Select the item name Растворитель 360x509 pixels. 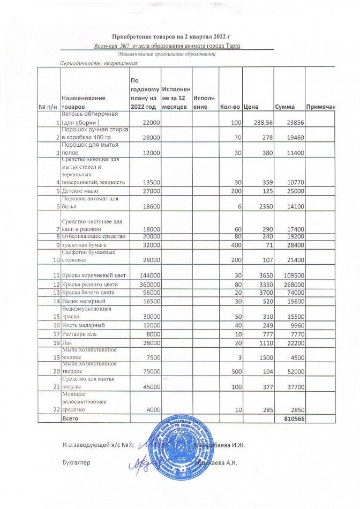point(81,333)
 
